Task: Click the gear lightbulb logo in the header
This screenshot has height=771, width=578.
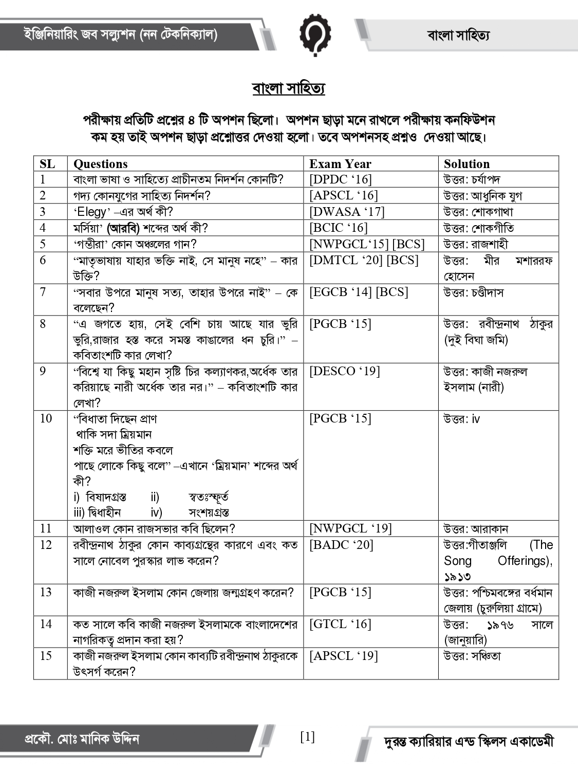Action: [x=314, y=34]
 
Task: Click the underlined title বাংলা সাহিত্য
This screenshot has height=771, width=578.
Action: [x=288, y=88]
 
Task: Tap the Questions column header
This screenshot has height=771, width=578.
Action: [x=101, y=164]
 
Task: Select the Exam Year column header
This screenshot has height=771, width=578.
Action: [x=340, y=164]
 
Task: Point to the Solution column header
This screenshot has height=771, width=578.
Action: [x=467, y=164]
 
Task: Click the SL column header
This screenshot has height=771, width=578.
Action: [x=47, y=164]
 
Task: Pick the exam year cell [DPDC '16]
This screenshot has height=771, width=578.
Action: [x=340, y=179]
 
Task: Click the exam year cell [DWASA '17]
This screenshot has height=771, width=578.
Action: [x=346, y=211]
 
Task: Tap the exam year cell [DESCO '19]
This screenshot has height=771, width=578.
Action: [x=344, y=371]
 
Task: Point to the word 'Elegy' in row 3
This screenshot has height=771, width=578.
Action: [x=92, y=212]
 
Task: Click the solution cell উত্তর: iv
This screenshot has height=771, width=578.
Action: [x=461, y=419]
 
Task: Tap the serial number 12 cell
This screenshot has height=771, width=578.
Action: [x=46, y=545]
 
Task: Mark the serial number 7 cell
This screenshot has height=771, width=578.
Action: [x=43, y=292]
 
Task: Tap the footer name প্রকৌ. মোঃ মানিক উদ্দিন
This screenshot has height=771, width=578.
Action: [x=82, y=740]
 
